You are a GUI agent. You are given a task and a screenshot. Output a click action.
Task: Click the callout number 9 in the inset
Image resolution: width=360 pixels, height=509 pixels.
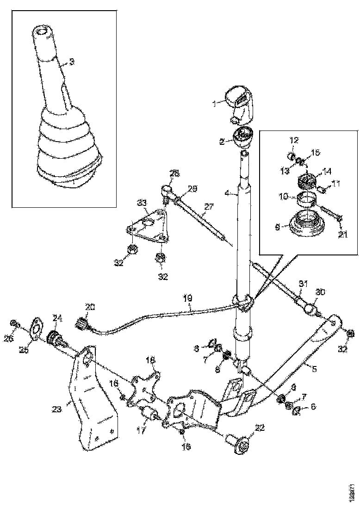click(x=278, y=227)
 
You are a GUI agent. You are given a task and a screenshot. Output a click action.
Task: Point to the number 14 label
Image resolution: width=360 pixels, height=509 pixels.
click(x=327, y=171)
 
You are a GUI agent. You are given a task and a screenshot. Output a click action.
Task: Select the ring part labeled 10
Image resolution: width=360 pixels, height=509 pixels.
click(x=306, y=199)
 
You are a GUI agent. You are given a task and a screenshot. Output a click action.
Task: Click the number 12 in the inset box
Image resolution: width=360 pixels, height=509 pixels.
click(x=294, y=139)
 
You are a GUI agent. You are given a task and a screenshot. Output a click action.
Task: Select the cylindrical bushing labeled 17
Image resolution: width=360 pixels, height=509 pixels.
click(x=149, y=416)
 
